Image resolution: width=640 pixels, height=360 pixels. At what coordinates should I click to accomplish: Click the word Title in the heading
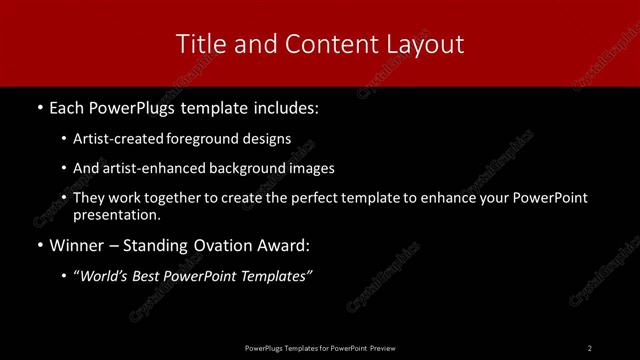(x=198, y=44)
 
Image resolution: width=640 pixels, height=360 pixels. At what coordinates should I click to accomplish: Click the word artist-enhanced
(x=149, y=168)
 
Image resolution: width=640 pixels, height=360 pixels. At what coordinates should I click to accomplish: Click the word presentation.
(x=116, y=214)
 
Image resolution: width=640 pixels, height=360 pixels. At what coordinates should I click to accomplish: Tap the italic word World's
(x=107, y=276)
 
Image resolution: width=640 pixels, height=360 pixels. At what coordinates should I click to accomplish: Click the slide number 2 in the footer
(x=590, y=347)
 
